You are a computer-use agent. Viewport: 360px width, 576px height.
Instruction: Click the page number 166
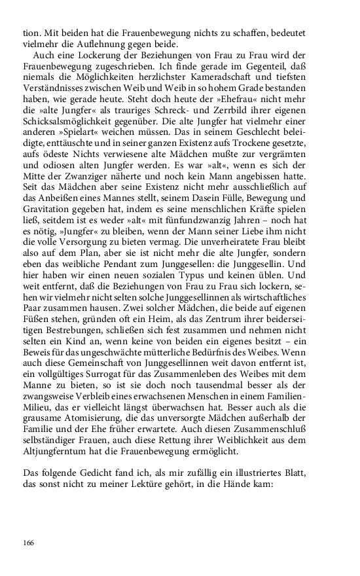point(28,542)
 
